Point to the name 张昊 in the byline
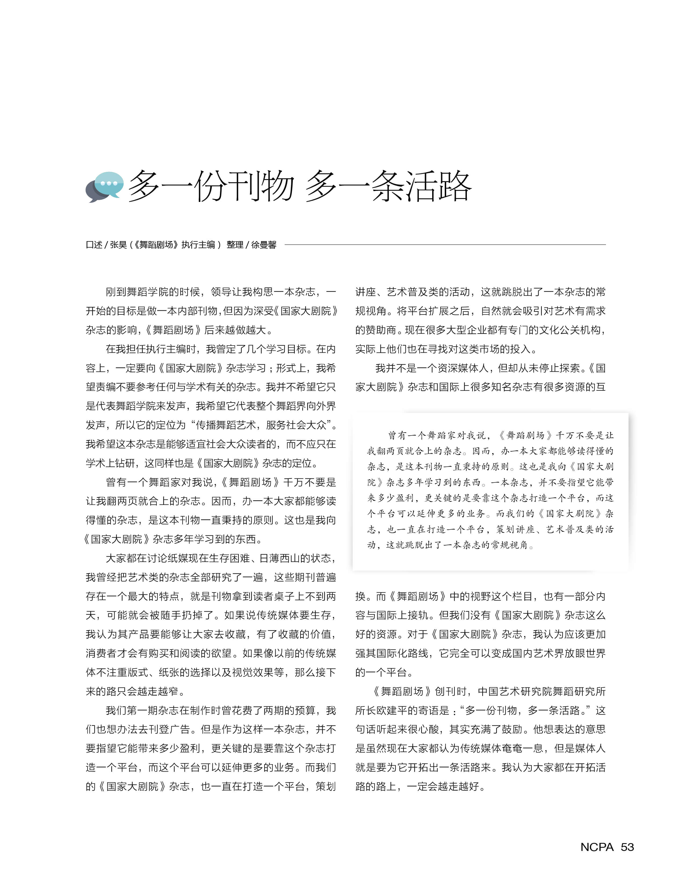click(x=118, y=245)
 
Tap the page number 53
click(x=627, y=847)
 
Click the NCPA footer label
click(x=597, y=847)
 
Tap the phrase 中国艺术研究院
click(x=510, y=691)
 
